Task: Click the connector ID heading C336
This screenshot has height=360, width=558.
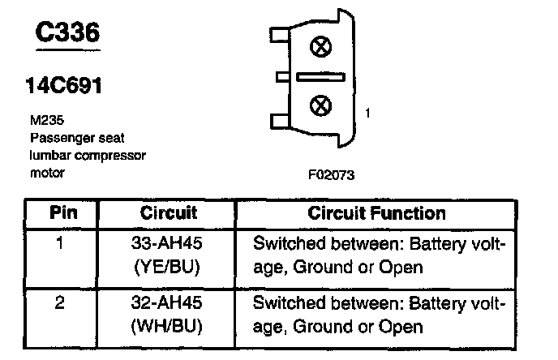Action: pyautogui.click(x=67, y=32)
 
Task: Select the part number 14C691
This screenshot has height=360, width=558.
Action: pyautogui.click(x=64, y=85)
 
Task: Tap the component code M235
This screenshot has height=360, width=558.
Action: pyautogui.click(x=47, y=120)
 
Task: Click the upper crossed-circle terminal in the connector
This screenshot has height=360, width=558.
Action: pyautogui.click(x=320, y=46)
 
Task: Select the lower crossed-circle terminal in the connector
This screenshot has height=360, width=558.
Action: pyautogui.click(x=320, y=105)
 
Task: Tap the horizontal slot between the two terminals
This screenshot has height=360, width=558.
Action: pyautogui.click(x=320, y=77)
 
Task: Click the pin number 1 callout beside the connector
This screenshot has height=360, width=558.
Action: pyautogui.click(x=367, y=114)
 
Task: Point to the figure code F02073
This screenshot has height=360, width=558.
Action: pyautogui.click(x=331, y=175)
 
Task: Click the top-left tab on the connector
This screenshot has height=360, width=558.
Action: pyautogui.click(x=281, y=35)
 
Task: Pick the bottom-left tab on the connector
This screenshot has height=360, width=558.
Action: pyautogui.click(x=281, y=121)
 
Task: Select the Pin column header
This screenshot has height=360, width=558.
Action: pyautogui.click(x=63, y=212)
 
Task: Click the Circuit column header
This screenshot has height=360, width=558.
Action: pyautogui.click(x=169, y=212)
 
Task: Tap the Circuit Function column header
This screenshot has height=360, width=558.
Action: pyautogui.click(x=376, y=213)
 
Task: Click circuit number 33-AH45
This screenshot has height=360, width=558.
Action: pyautogui.click(x=166, y=243)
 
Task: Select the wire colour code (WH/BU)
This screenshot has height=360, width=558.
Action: pyautogui.click(x=166, y=326)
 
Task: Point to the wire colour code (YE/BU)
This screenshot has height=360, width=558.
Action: pyautogui.click(x=166, y=267)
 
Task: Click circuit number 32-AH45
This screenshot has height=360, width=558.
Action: pyautogui.click(x=166, y=302)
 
